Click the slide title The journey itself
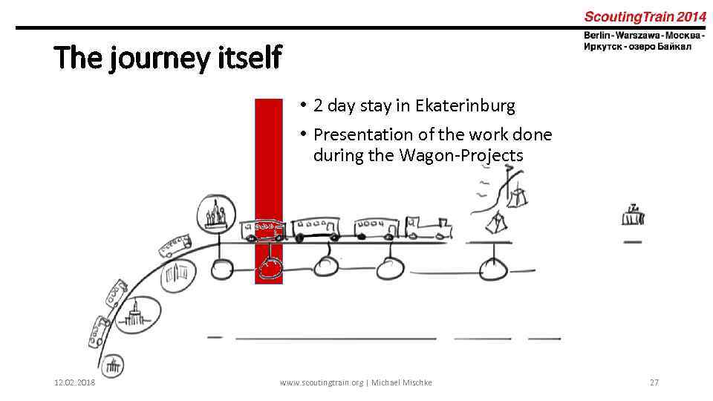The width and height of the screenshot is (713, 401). pos(168,56)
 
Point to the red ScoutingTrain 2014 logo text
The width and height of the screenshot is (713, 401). pos(645,16)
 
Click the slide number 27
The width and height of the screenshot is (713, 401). pos(654,382)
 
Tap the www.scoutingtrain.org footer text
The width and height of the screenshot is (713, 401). pos(322,382)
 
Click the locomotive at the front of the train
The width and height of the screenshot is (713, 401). pos(430,229)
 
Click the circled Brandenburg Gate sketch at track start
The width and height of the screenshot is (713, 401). pos(113,365)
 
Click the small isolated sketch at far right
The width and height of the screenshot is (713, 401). pos(633,215)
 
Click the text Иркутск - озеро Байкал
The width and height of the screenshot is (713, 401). pos(637,46)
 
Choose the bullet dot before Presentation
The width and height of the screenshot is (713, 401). pos(303,135)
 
